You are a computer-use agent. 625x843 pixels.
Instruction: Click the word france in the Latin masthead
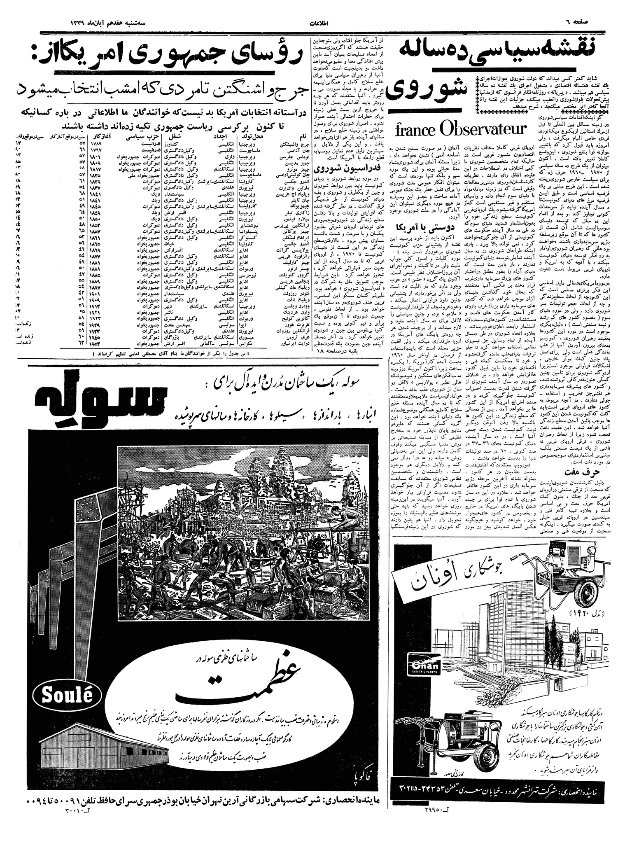tap(414, 129)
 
